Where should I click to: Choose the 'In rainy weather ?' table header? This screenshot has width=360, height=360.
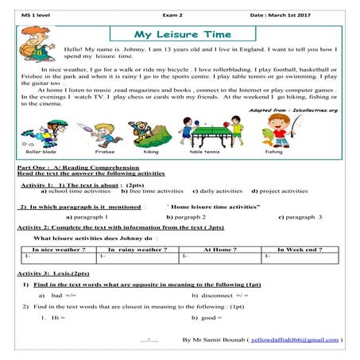pos(137,250)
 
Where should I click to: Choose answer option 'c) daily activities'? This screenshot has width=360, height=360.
pos(218,192)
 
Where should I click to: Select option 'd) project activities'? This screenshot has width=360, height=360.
pos(280,192)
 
